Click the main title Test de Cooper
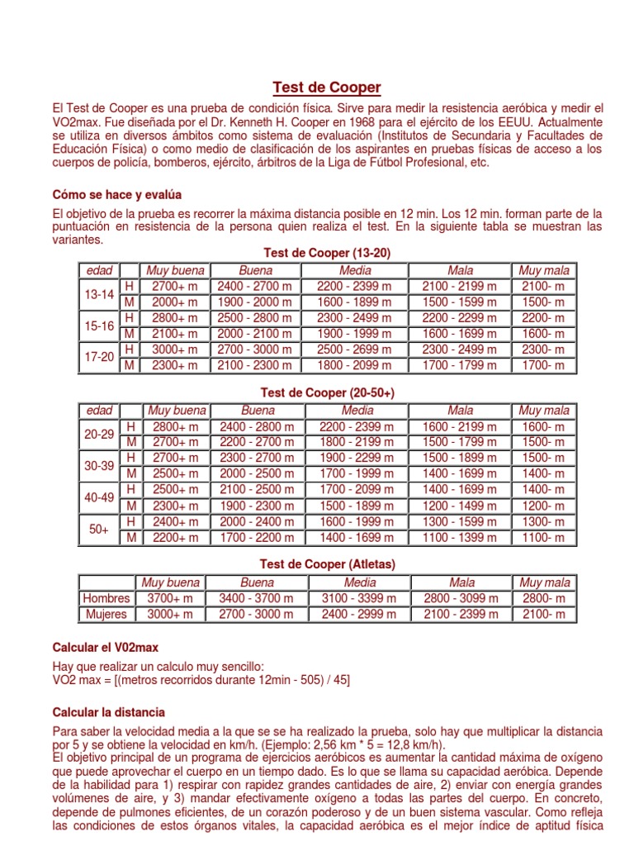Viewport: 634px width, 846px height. coord(327,88)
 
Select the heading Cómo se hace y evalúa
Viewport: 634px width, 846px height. coord(116,194)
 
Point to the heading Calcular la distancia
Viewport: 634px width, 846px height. coord(108,711)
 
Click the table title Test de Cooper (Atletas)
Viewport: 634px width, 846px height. coord(328,564)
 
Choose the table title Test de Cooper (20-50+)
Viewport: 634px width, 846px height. coord(328,392)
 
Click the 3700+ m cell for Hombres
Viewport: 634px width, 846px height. coord(171,598)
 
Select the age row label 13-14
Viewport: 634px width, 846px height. coord(100,294)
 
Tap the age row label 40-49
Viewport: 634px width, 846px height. coord(100,498)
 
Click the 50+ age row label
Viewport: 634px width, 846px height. coord(100,530)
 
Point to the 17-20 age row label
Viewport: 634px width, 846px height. coord(100,357)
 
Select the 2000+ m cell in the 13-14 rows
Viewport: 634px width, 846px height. coord(175,302)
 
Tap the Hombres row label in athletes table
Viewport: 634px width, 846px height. coord(106,598)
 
